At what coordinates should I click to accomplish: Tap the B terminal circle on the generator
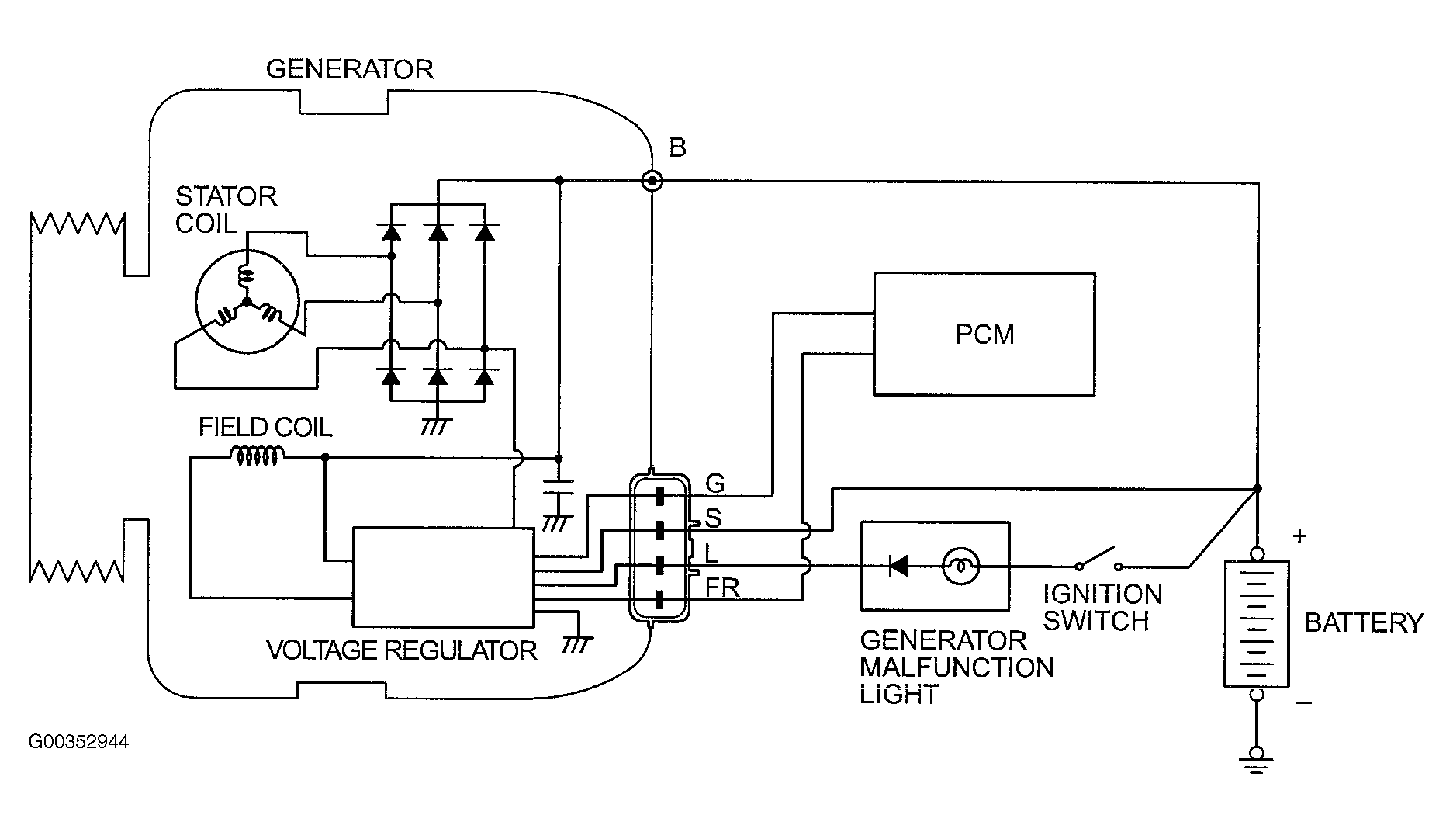652,182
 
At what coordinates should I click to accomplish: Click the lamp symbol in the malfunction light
960,567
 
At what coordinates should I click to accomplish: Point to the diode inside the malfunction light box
898,567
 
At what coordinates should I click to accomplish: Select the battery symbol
1257,623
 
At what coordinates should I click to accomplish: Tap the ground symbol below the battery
1257,760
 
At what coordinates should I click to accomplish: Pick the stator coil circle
247,302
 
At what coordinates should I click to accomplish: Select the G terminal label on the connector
715,484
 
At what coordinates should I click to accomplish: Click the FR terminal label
722,588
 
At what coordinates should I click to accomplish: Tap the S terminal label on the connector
714,518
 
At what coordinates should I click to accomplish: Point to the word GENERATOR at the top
349,69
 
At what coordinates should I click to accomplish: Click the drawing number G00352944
79,742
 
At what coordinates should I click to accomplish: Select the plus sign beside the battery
1300,536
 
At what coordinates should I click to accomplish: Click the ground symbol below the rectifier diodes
438,426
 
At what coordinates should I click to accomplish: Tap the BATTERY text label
1365,622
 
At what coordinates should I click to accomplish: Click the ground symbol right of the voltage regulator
578,643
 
